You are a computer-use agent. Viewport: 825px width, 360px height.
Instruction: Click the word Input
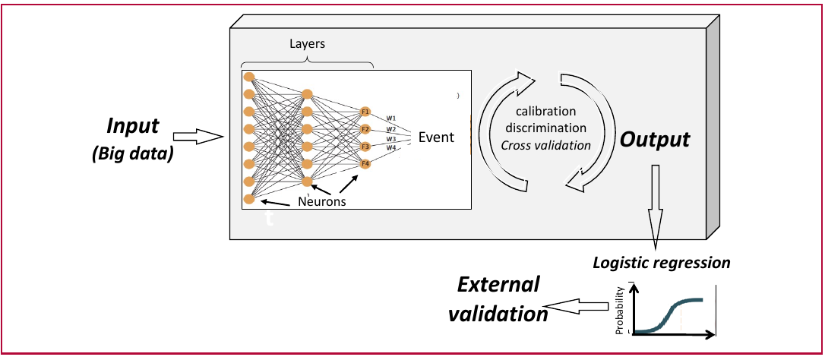(133, 127)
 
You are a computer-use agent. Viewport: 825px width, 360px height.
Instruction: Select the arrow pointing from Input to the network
(199, 137)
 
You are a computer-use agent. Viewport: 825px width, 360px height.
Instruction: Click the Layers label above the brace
(307, 44)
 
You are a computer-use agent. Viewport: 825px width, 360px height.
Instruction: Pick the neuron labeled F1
(365, 112)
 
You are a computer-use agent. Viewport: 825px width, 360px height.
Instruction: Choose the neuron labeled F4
(365, 164)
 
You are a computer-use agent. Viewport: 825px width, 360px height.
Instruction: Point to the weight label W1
(391, 118)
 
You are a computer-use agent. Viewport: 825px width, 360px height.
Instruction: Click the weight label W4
(391, 148)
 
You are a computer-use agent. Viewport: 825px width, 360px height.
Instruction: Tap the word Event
(435, 138)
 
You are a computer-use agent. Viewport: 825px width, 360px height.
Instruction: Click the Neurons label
(322, 201)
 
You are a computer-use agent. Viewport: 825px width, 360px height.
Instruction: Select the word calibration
(545, 112)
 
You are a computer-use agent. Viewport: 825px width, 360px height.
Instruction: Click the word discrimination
(545, 128)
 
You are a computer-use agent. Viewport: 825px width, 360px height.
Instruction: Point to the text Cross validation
(545, 145)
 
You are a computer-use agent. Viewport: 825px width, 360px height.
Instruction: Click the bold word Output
(654, 140)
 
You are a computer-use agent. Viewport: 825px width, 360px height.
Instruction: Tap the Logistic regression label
(662, 262)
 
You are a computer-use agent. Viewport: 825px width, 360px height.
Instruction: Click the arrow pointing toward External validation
(577, 306)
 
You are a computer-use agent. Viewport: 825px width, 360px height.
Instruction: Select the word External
(498, 286)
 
